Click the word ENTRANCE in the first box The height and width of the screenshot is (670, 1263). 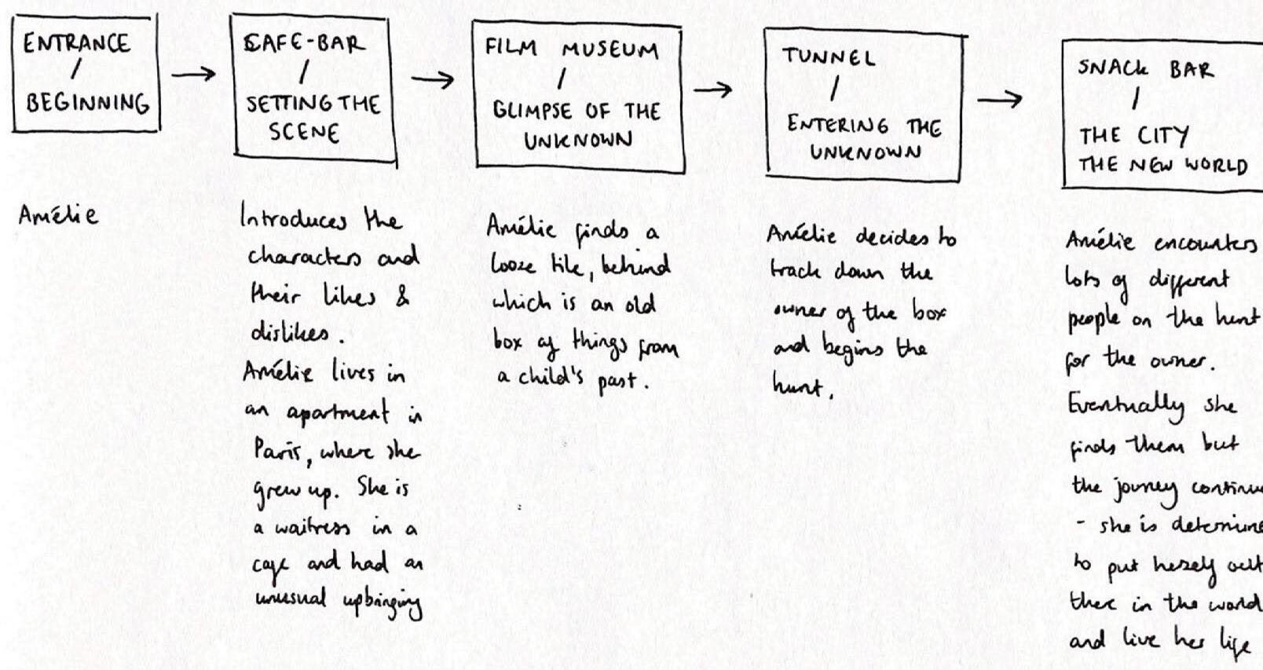76,42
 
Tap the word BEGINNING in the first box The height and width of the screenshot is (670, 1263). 87,103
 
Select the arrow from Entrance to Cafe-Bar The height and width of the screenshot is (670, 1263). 193,75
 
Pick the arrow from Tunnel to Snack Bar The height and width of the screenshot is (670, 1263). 999,100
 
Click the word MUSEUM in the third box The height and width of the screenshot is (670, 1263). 610,50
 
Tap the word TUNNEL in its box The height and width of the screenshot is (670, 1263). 828,57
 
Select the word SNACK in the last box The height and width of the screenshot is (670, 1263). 1112,68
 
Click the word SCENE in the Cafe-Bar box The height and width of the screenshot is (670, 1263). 304,132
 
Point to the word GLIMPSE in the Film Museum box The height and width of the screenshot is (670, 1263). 532,111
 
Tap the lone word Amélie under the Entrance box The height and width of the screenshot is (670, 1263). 59,214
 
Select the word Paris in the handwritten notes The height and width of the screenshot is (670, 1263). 273,452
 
